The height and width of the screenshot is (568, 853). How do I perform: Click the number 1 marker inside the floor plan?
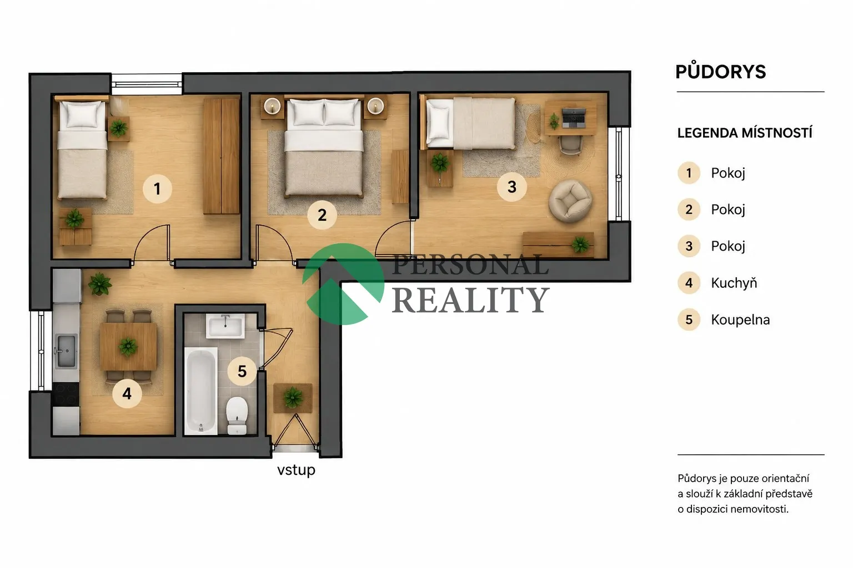tap(157, 189)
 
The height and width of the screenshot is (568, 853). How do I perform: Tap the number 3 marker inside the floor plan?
tap(512, 187)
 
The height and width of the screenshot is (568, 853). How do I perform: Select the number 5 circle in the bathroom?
tap(242, 371)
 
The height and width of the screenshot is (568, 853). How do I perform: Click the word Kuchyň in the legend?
tap(734, 283)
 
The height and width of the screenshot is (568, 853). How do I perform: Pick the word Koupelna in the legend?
tap(740, 320)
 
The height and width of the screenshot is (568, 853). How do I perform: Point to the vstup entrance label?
tap(296, 470)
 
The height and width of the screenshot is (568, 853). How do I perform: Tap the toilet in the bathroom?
tap(237, 415)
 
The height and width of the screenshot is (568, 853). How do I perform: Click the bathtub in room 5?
tap(201, 390)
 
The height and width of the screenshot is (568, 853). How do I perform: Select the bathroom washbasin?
tap(225, 326)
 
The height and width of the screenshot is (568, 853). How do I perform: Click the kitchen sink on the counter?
tap(66, 351)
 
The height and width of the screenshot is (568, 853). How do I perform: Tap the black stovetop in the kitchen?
tap(66, 394)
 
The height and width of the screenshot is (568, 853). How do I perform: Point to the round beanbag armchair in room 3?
tap(570, 201)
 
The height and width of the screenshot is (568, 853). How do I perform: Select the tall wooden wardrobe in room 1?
tap(221, 156)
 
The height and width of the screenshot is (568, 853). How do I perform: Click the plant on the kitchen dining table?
tap(128, 346)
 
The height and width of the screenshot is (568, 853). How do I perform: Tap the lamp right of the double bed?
tap(375, 106)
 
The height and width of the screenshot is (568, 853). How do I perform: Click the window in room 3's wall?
tap(619, 174)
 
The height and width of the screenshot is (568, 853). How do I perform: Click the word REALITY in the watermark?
tap(471, 300)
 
